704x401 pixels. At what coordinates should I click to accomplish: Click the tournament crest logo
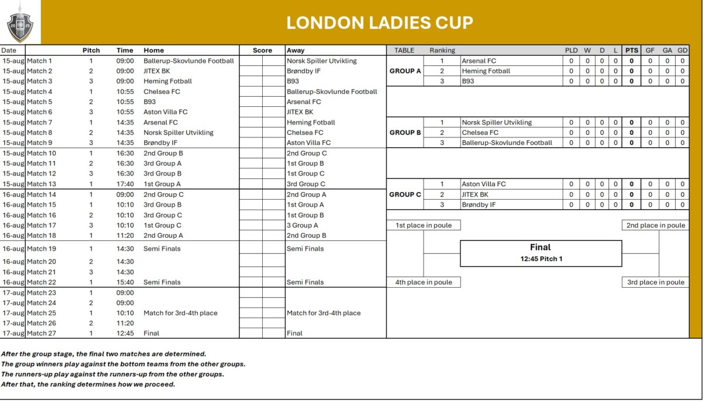click(20, 22)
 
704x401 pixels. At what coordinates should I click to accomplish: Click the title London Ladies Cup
click(380, 23)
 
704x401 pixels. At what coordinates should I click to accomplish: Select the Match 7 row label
click(39, 122)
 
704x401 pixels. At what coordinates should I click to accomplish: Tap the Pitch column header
click(91, 50)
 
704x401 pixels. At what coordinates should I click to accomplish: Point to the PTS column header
click(631, 50)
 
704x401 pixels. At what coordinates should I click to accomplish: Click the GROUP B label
click(405, 133)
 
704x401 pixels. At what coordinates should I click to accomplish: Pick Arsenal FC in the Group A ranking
click(479, 60)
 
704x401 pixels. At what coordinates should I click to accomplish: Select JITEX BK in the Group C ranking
click(475, 194)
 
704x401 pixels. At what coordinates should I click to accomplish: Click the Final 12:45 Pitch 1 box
click(540, 252)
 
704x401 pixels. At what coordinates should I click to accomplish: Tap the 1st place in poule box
click(424, 225)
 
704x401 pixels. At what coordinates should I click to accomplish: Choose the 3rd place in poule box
click(655, 282)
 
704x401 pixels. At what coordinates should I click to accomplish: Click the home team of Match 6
click(165, 112)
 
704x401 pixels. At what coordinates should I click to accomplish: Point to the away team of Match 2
click(303, 71)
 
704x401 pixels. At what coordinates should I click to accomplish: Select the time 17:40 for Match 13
click(125, 184)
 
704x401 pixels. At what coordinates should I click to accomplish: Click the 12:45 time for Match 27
click(125, 333)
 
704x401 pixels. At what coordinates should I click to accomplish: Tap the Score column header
click(262, 50)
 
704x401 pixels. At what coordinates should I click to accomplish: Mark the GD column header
click(682, 50)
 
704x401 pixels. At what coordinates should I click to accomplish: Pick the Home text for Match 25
click(180, 313)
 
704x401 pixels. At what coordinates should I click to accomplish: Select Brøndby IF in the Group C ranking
click(478, 205)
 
